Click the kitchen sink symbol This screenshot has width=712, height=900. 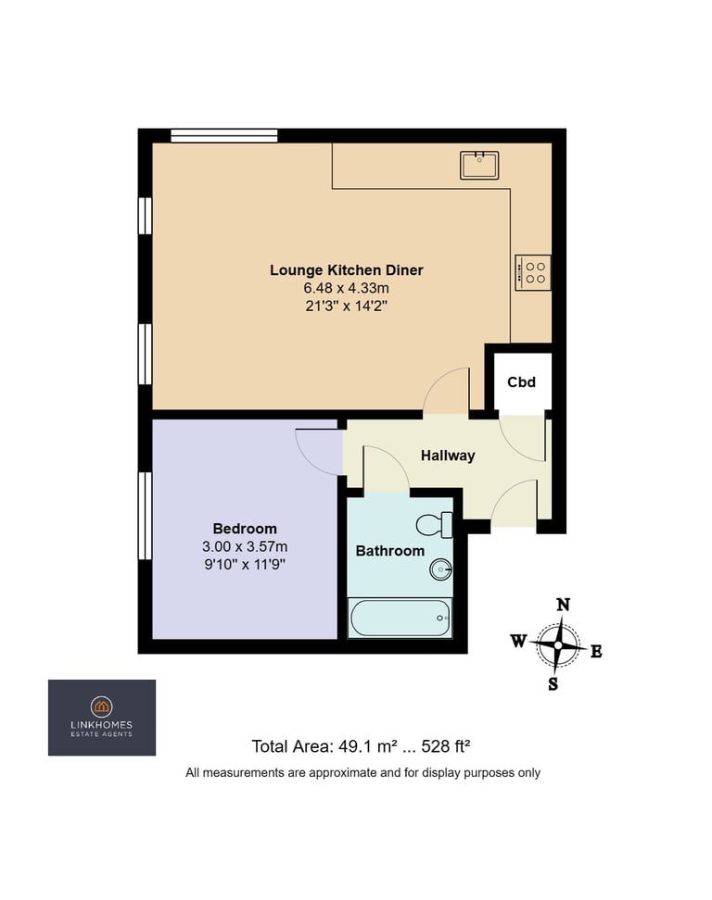479,166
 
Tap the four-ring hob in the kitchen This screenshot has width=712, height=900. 533,272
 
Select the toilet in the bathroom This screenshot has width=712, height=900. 435,525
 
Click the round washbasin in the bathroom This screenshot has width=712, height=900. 440,570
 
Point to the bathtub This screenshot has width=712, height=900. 400,618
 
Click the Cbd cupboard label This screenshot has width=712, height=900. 521,382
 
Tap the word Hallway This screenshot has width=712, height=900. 448,456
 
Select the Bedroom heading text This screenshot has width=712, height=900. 245,529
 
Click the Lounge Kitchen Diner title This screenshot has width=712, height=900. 347,269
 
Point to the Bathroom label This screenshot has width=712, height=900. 390,551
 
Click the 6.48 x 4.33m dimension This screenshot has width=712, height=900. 347,288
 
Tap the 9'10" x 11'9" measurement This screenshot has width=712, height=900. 245,564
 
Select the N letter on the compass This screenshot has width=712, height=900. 563,605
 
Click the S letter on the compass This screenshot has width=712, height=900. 553,683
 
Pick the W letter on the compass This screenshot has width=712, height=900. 518,641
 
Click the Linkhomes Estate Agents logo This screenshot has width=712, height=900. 102,718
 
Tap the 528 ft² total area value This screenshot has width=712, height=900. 446,746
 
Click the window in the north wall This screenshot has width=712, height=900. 224,135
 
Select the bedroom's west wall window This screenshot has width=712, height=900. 145,516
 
